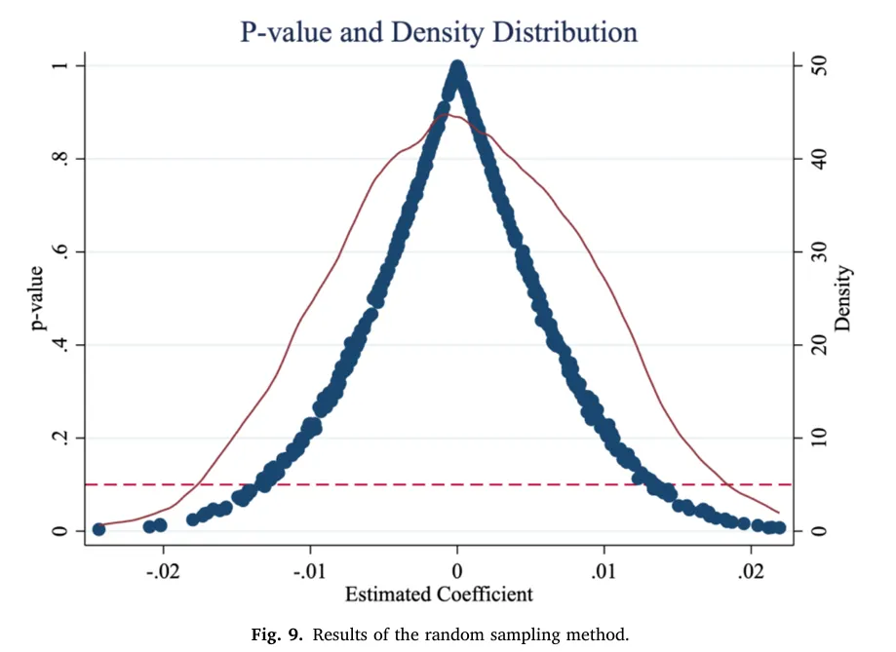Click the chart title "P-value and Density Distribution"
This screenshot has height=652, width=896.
(x=439, y=32)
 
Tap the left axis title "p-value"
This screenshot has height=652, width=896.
(x=37, y=298)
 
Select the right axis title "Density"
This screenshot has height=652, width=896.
(x=842, y=298)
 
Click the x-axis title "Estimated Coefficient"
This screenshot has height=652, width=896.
(x=439, y=594)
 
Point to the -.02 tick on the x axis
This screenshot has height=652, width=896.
(x=163, y=571)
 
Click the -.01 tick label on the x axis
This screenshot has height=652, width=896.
(x=310, y=571)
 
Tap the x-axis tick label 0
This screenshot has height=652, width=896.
(x=457, y=571)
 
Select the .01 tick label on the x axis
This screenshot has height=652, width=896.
(x=604, y=571)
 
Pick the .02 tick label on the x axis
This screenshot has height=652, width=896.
(x=751, y=571)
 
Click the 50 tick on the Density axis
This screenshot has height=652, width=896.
(x=819, y=65)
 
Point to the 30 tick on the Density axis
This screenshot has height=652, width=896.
(x=819, y=251)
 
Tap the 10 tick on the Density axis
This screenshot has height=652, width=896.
(x=819, y=438)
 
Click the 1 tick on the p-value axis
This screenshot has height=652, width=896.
(x=59, y=65)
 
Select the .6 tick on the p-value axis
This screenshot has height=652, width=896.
(x=59, y=251)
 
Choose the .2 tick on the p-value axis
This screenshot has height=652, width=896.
(x=59, y=438)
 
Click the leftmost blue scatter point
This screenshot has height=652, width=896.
(x=98, y=529)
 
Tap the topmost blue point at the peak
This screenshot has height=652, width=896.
(x=457, y=67)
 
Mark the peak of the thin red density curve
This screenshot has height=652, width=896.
(x=446, y=115)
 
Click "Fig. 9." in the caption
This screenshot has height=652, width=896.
(x=277, y=634)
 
